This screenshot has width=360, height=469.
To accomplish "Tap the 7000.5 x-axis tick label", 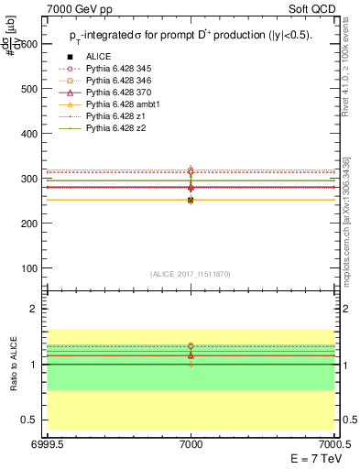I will click(x=335, y=442).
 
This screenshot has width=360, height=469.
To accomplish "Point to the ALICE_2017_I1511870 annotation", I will click(x=191, y=275).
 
